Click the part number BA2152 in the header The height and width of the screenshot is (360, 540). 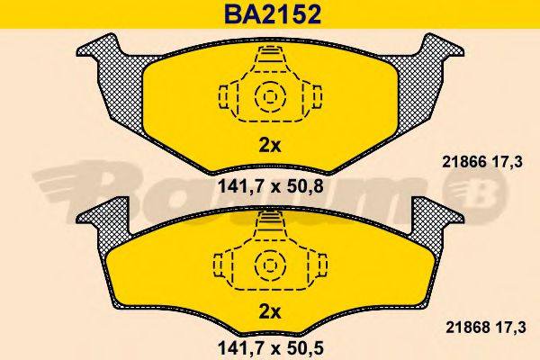pos(273,14)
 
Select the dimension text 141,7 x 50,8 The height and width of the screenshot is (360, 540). pos(271,186)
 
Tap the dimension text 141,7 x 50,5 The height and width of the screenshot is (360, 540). pos(271,348)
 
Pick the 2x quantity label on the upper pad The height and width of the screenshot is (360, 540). pos(270,146)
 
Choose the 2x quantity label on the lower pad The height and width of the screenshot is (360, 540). pos(270,312)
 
